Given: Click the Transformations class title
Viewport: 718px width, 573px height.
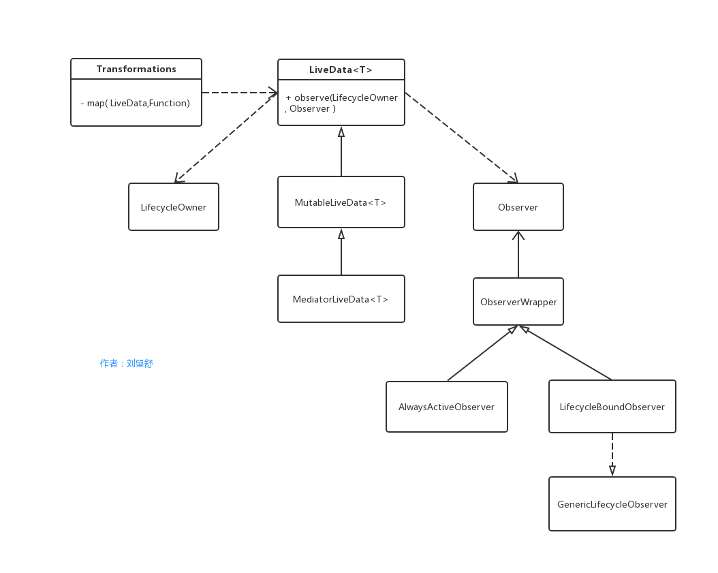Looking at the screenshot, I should pyautogui.click(x=136, y=69).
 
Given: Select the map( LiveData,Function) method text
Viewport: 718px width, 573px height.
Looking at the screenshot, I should pyautogui.click(x=136, y=103).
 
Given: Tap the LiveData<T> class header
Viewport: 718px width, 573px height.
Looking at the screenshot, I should pyautogui.click(x=341, y=69).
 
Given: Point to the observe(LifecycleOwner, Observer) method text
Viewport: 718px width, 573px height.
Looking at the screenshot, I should pyautogui.click(x=341, y=103).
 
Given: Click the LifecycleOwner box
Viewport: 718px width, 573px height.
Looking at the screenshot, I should pyautogui.click(x=174, y=207).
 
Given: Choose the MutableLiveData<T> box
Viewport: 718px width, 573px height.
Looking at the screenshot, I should pyautogui.click(x=341, y=202).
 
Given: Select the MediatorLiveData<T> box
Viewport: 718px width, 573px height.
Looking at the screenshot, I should pyautogui.click(x=341, y=299).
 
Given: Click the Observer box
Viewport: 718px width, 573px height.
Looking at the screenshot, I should pyautogui.click(x=518, y=207).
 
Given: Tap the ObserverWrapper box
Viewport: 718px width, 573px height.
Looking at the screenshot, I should pyautogui.click(x=518, y=302).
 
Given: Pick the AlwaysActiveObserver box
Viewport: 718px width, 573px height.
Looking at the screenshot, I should pyautogui.click(x=446, y=407).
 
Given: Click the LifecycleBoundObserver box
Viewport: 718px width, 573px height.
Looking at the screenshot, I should pyautogui.click(x=612, y=407).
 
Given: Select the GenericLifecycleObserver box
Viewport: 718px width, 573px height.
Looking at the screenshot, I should pyautogui.click(x=612, y=504).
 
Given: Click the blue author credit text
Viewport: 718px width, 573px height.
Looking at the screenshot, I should pyautogui.click(x=127, y=363).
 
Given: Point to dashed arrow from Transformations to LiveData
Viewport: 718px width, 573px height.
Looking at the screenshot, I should pyautogui.click(x=238, y=93).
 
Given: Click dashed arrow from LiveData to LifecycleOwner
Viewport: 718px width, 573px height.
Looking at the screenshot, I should pyautogui.click(x=226, y=138).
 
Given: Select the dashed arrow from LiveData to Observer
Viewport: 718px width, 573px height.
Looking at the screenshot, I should pyautogui.click(x=461, y=137).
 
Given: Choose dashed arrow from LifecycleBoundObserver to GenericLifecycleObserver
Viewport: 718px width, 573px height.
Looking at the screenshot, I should pyautogui.click(x=612, y=454).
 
